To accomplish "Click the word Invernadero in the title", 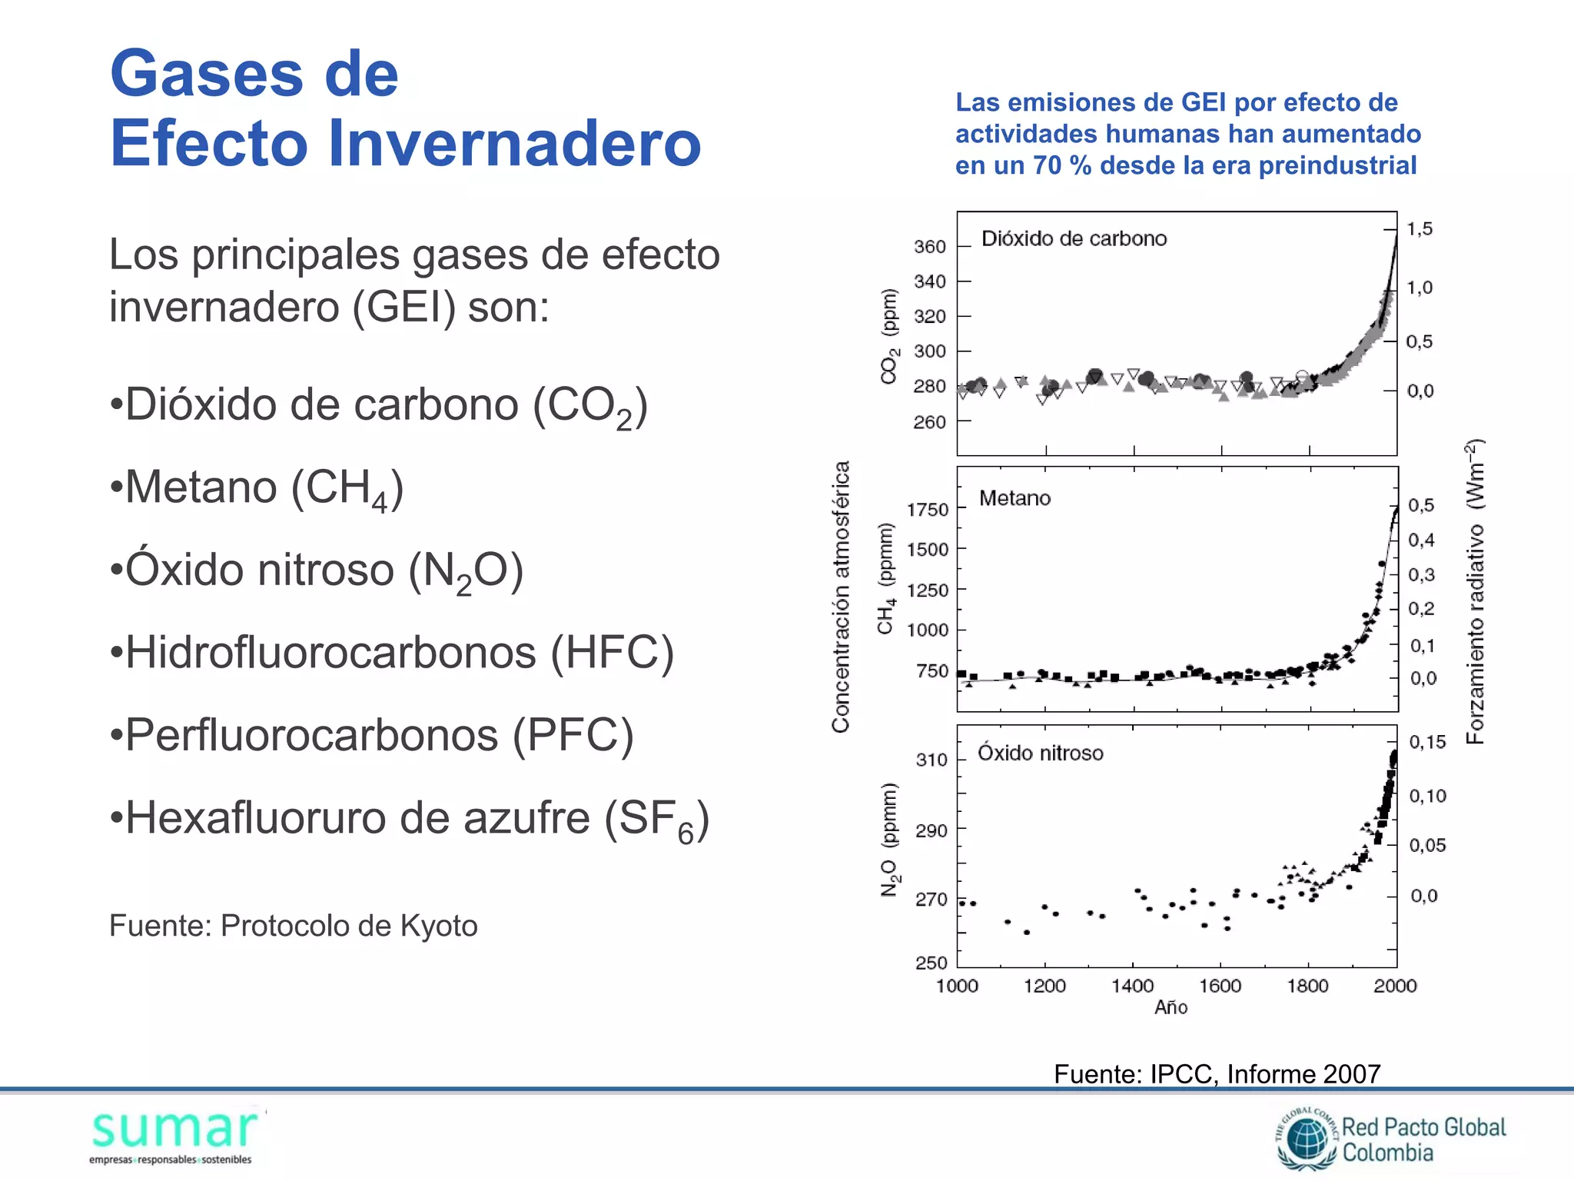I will (x=514, y=143).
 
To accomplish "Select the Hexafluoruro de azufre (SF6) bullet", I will (x=410, y=819).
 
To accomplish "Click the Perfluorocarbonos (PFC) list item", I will (x=372, y=735).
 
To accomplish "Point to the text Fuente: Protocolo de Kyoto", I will (x=293, y=926).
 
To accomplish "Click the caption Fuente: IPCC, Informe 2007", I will (x=1217, y=1073).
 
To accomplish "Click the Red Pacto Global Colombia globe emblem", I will (x=1307, y=1139).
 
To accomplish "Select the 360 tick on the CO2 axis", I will (x=929, y=247).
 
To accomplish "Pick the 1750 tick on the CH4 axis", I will (x=927, y=510).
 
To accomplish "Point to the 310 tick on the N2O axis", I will (x=931, y=760).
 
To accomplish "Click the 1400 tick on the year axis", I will (x=1132, y=986).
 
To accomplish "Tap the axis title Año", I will (x=1171, y=1008).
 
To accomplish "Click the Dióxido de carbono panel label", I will (x=1074, y=238).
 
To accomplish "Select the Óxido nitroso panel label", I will (x=1040, y=753).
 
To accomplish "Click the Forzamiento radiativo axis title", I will (x=1475, y=591).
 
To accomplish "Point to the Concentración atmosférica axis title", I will (x=841, y=597).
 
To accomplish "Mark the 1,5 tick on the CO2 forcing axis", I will (x=1419, y=229).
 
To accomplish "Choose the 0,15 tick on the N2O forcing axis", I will (x=1426, y=742).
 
